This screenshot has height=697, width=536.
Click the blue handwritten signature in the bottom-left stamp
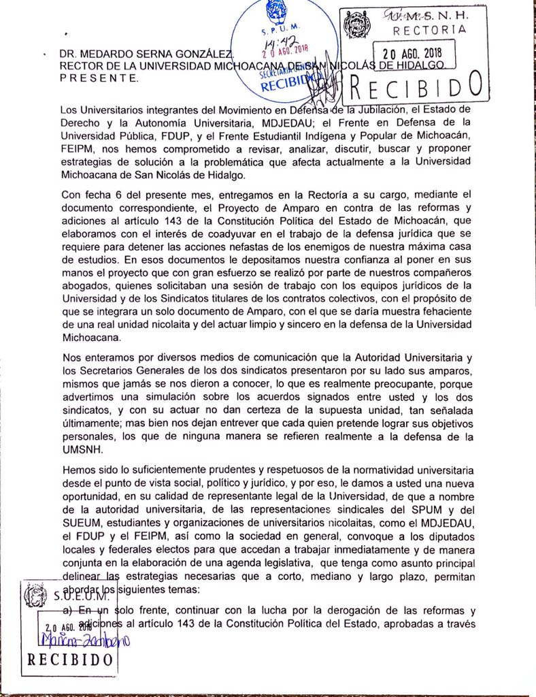pos(86,641)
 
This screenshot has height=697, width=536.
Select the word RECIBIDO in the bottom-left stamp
pos(69,660)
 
